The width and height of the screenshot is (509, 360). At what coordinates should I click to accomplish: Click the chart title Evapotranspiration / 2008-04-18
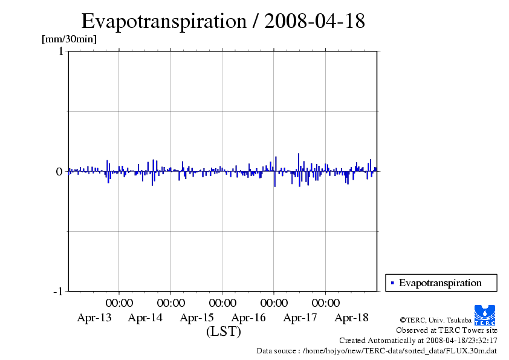pos(223,21)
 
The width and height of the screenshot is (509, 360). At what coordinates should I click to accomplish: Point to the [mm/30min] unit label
pos(68,39)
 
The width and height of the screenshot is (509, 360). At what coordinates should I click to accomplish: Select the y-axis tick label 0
pos(59,171)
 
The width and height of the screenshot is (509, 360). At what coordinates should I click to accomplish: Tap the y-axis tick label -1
pos(58,292)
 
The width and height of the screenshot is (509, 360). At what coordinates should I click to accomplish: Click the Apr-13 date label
pos(94,318)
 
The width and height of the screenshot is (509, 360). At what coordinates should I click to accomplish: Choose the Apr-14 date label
pos(145,318)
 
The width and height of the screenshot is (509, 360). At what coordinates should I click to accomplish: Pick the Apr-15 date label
pos(197,318)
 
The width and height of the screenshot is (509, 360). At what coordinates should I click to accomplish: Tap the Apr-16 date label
pos(248,318)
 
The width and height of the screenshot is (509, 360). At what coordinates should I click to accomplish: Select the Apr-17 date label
pos(300,318)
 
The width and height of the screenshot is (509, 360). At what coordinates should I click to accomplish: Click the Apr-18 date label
pos(352,318)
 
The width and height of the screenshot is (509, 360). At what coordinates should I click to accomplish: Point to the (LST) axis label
pos(224,332)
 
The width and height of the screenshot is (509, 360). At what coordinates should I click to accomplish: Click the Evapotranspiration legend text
pos(440,283)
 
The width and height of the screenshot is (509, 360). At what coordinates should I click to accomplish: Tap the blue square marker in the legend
pos(392,283)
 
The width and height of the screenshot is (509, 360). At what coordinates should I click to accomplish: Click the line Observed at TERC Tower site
pos(447,330)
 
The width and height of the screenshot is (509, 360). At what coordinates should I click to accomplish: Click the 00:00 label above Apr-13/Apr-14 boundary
pos(120,303)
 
